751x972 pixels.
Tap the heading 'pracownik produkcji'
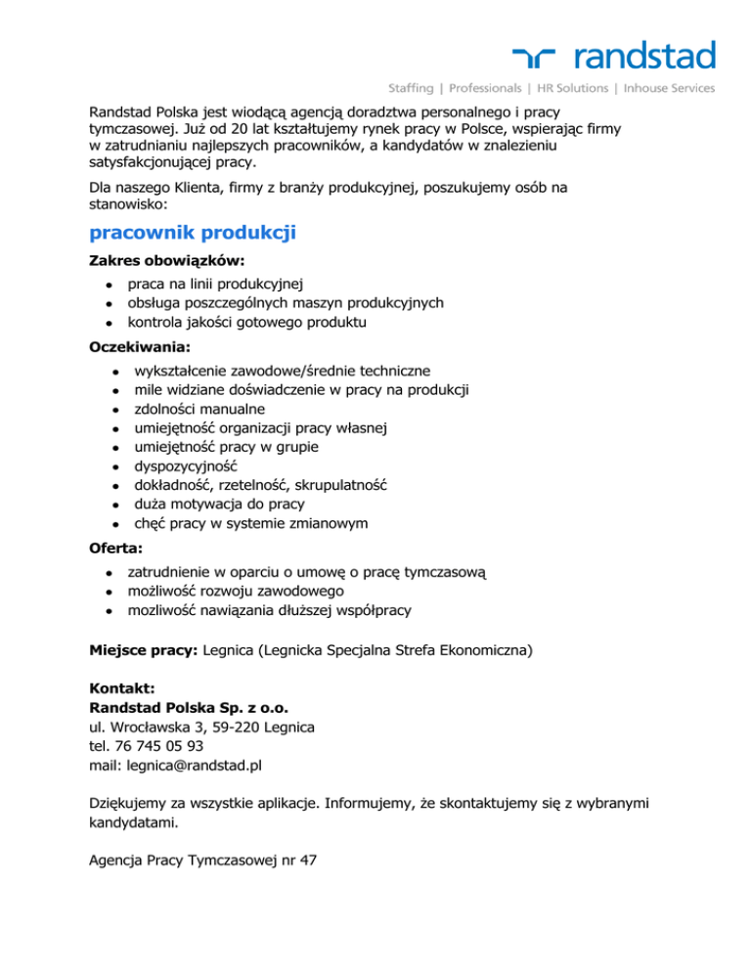192,233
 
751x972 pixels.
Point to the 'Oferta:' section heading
115,550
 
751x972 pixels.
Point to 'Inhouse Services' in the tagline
667,88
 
